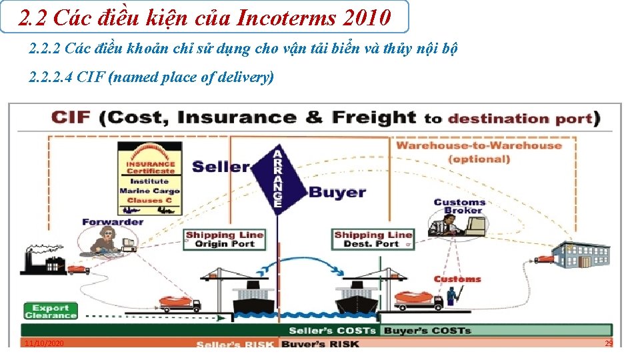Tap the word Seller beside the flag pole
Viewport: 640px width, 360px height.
click(221, 167)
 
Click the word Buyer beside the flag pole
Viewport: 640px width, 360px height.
click(337, 193)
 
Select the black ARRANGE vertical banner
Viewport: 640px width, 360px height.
click(278, 179)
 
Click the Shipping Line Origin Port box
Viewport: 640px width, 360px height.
click(225, 239)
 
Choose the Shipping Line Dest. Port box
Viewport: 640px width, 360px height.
click(373, 239)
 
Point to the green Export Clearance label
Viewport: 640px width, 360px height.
click(51, 311)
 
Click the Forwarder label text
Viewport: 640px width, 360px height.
click(113, 222)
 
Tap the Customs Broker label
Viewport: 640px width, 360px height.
click(459, 206)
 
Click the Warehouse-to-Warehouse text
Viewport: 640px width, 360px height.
click(479, 145)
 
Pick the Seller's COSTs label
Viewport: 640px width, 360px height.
click(332, 331)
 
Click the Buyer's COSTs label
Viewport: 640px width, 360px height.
click(427, 331)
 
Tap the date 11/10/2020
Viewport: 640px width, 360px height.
click(43, 343)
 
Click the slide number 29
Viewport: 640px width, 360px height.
click(608, 343)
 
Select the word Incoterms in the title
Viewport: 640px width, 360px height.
click(288, 18)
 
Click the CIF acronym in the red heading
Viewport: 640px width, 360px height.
click(72, 119)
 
